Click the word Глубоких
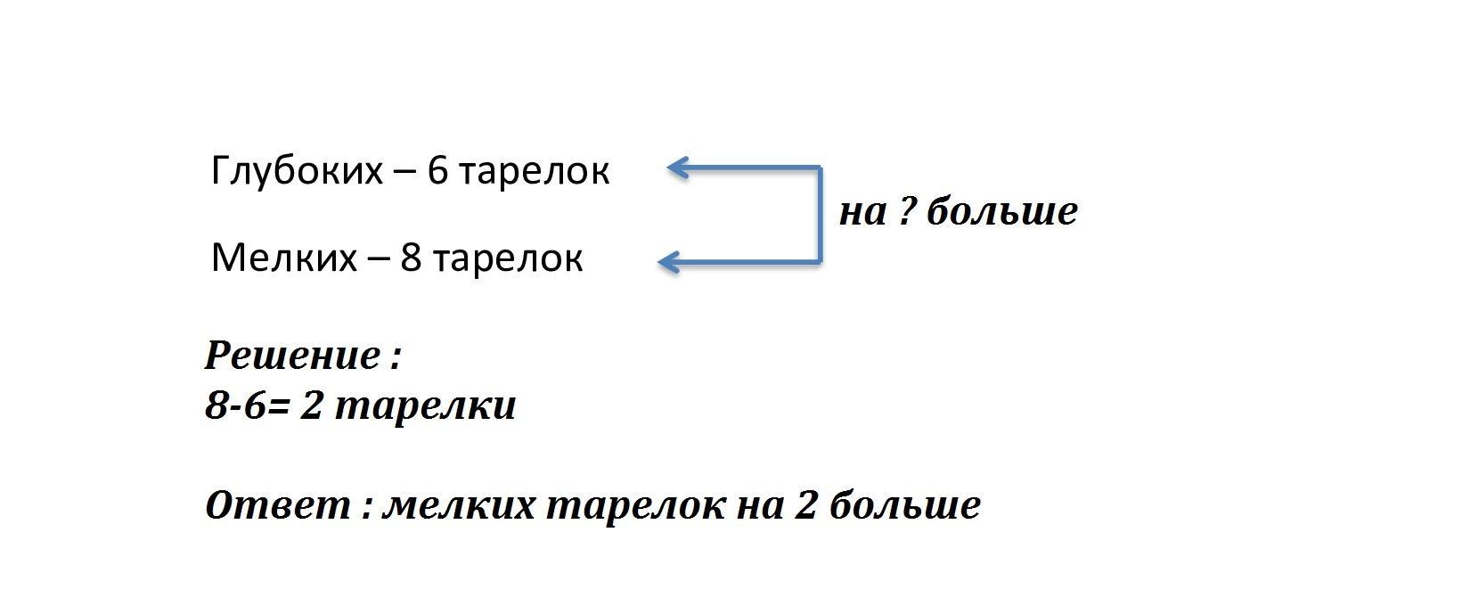(297, 172)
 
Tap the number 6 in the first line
(438, 171)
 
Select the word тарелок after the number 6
(534, 173)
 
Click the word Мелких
(284, 258)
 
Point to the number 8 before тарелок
(412, 258)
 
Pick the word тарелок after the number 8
(508, 260)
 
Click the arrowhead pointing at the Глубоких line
(677, 168)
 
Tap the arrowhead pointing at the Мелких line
(668, 263)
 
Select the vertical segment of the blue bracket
(820, 216)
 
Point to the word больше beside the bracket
(1002, 211)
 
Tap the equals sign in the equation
(278, 406)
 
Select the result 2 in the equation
(311, 405)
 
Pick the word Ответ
(278, 504)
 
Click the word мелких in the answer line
(459, 506)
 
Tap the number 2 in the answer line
(805, 504)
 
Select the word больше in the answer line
(905, 504)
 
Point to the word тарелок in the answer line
(636, 507)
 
